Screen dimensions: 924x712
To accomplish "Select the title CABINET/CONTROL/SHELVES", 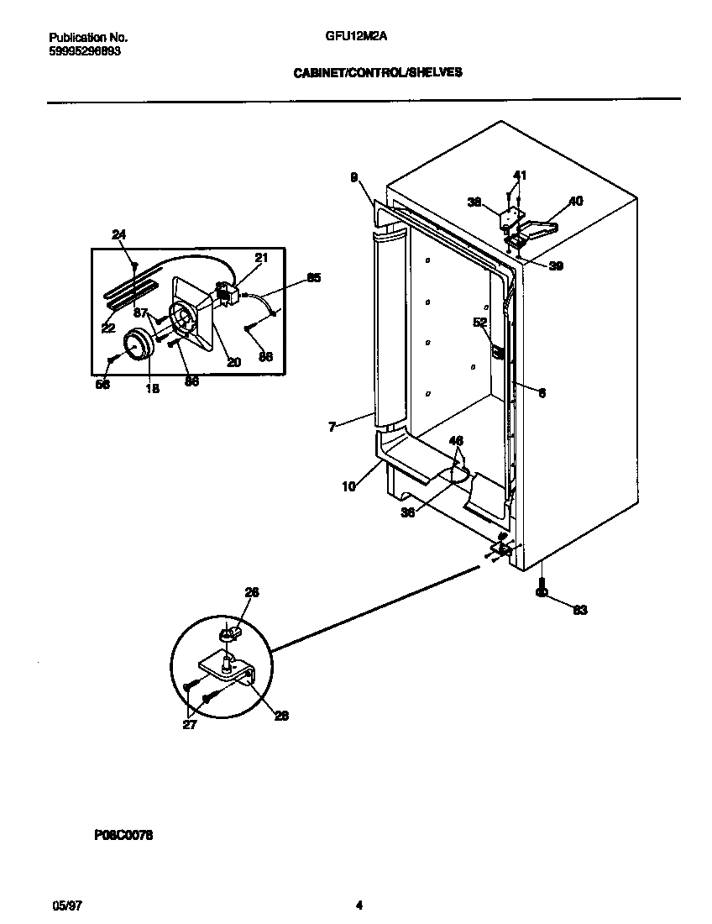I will (377, 73).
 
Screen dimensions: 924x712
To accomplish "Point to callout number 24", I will (118, 234).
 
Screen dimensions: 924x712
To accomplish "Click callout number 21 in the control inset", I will (261, 258).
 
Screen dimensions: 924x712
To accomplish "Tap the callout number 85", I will (313, 277).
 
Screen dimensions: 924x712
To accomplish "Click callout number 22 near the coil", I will (108, 328).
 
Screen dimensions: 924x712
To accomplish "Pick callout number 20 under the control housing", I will (233, 363).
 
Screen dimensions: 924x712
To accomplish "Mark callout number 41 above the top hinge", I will (520, 176).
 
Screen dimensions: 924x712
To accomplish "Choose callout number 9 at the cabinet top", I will (353, 177).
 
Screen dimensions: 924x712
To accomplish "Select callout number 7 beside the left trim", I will (332, 428).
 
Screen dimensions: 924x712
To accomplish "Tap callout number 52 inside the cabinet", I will (480, 322).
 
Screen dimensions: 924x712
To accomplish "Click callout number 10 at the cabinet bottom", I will (348, 486).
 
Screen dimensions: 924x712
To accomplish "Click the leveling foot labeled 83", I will (542, 595).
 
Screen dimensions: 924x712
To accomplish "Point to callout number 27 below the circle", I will (190, 725).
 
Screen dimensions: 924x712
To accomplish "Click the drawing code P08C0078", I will (118, 836).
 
